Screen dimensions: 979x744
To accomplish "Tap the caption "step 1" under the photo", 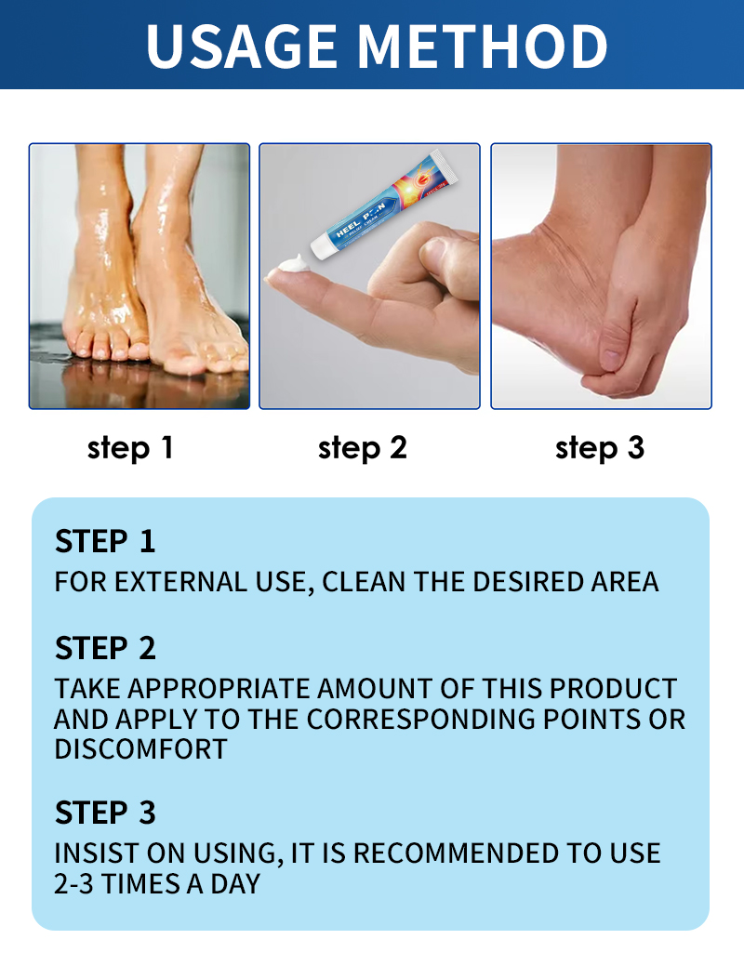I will point(130,447).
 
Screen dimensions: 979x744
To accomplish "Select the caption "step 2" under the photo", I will point(363,447).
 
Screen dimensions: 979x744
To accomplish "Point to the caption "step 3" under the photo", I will point(600,447).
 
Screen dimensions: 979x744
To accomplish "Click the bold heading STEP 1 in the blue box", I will point(105,541).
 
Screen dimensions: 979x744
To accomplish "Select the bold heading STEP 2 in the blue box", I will point(105,648).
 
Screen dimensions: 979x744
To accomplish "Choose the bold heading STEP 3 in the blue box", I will point(105,813).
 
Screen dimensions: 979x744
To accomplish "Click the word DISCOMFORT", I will point(140,749).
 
